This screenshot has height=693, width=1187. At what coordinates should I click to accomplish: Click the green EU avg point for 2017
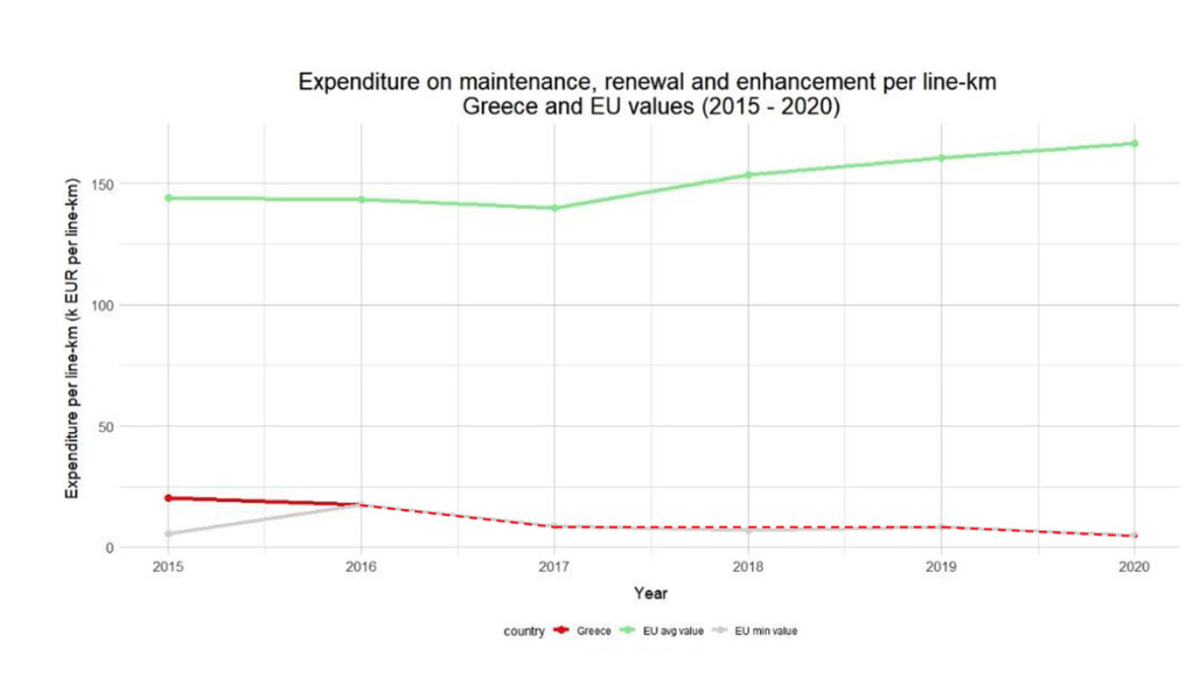click(555, 208)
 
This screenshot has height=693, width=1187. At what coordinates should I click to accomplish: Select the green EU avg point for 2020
click(1134, 144)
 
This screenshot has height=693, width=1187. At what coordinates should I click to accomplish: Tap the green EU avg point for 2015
click(168, 198)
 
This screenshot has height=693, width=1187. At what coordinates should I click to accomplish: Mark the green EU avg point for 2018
click(748, 175)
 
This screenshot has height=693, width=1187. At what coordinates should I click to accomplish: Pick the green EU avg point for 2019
click(941, 158)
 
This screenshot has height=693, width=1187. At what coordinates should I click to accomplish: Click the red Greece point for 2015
click(168, 498)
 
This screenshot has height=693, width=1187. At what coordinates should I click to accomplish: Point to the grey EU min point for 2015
click(168, 534)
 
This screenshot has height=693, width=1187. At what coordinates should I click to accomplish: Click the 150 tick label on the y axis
click(102, 184)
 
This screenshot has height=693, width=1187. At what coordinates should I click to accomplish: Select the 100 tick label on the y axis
click(102, 305)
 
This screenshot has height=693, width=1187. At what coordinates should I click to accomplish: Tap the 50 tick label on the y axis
click(106, 427)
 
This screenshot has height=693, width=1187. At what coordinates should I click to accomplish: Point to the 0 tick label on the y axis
click(110, 548)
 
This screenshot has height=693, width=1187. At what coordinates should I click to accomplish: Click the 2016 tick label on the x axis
click(361, 567)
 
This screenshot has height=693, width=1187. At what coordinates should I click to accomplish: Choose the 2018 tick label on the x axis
click(748, 567)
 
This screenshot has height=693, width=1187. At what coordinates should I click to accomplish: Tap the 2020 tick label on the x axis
click(1134, 567)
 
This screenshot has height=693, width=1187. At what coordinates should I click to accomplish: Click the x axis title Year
click(650, 593)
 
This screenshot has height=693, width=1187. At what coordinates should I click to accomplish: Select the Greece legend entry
click(593, 631)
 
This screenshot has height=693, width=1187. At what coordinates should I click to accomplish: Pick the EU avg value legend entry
click(672, 631)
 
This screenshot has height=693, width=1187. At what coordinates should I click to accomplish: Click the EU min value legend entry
click(766, 631)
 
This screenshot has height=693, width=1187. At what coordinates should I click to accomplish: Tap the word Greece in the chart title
click(500, 106)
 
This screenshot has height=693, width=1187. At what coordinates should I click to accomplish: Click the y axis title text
click(72, 338)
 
